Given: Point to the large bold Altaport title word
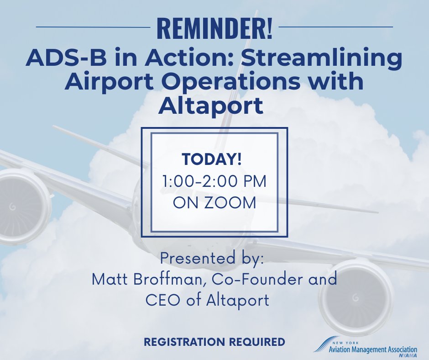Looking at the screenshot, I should [x=211, y=106].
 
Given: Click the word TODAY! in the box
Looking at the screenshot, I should [x=212, y=160].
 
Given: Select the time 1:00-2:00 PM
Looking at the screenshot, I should [x=214, y=181].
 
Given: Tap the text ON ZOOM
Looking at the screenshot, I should [x=214, y=202].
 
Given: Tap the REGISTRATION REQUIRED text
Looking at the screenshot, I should [x=214, y=342].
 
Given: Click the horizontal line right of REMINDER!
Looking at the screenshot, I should [x=335, y=27].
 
